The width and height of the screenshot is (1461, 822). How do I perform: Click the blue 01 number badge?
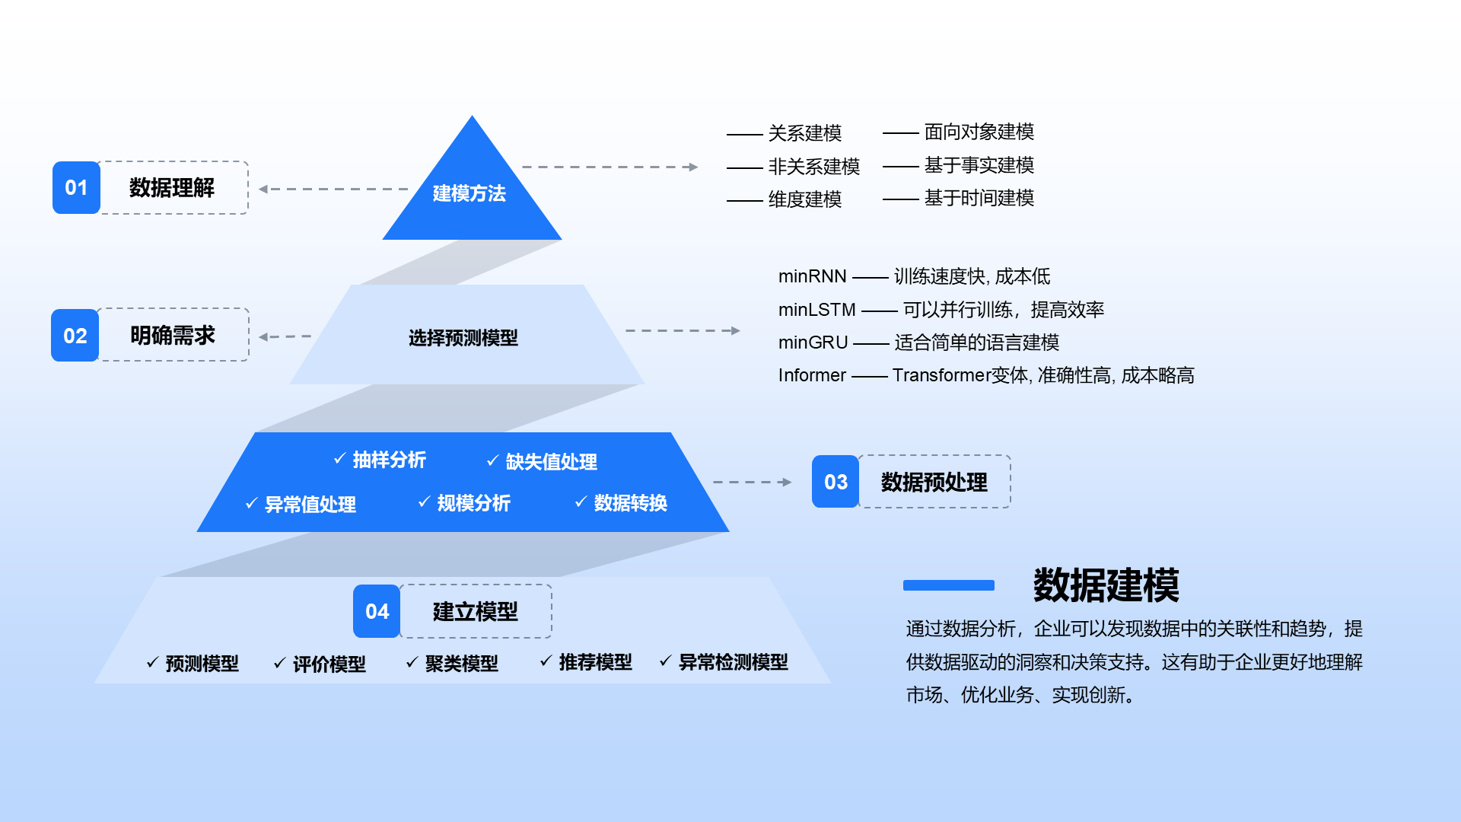[76, 187]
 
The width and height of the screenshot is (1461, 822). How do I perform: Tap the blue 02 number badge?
[75, 335]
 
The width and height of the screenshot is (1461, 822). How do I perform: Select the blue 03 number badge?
[836, 482]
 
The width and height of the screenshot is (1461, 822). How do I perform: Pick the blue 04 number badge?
[377, 611]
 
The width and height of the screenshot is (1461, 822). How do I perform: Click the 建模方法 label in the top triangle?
[469, 193]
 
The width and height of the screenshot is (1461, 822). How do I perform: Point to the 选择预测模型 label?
[463, 337]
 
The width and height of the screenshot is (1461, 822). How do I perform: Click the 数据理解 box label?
[172, 187]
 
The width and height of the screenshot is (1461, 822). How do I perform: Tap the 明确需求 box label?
[173, 335]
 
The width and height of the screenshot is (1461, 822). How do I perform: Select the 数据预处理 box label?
[934, 482]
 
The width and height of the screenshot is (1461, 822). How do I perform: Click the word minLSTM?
[816, 310]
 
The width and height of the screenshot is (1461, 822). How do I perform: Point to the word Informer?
[812, 375]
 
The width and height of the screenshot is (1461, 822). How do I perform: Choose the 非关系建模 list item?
[813, 167]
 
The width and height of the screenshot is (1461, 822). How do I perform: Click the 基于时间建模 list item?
[979, 199]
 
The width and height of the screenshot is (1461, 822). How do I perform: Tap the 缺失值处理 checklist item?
[551, 461]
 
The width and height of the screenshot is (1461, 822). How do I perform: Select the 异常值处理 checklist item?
[310, 504]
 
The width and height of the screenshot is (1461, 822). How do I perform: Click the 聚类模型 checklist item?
[461, 664]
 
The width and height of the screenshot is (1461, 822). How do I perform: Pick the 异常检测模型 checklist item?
[733, 662]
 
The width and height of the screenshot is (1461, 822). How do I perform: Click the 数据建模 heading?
[1106, 585]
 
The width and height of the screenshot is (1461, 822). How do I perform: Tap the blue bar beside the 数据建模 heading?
[948, 585]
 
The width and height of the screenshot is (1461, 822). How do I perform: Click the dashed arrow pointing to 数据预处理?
[752, 482]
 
